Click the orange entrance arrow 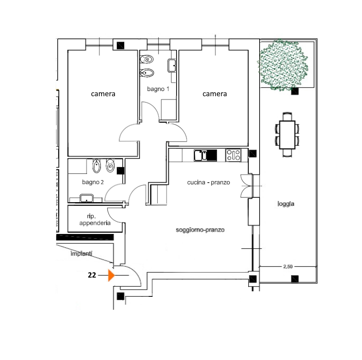click(111, 275)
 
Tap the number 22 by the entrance click(92, 275)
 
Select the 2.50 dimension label click(288, 267)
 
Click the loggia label click(286, 204)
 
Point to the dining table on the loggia click(287, 135)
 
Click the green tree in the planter click(283, 65)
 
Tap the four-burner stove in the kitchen click(233, 155)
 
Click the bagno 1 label click(158, 89)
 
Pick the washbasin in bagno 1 click(171, 66)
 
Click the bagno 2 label click(93, 182)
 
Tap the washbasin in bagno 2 click(86, 198)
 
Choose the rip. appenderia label click(95, 220)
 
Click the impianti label click(81, 254)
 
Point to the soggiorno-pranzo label click(200, 230)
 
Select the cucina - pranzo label click(209, 182)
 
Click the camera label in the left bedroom click(103, 94)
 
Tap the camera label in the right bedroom click(215, 94)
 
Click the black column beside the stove click(253, 154)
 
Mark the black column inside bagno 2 click(120, 171)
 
